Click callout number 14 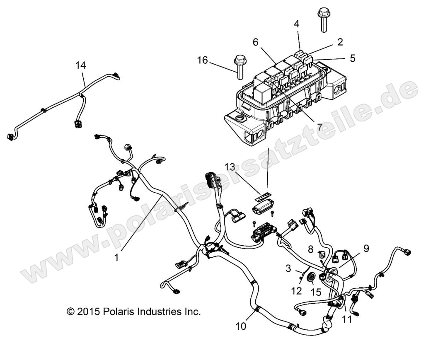(81, 65)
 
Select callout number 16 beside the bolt (202, 60)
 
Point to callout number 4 (297, 24)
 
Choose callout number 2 (340, 41)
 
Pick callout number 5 (353, 58)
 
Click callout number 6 (255, 42)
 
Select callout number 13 (230, 167)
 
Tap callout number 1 (117, 257)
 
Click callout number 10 (241, 326)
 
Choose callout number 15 (316, 292)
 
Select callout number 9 (366, 249)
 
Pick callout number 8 (311, 250)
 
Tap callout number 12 (296, 291)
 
